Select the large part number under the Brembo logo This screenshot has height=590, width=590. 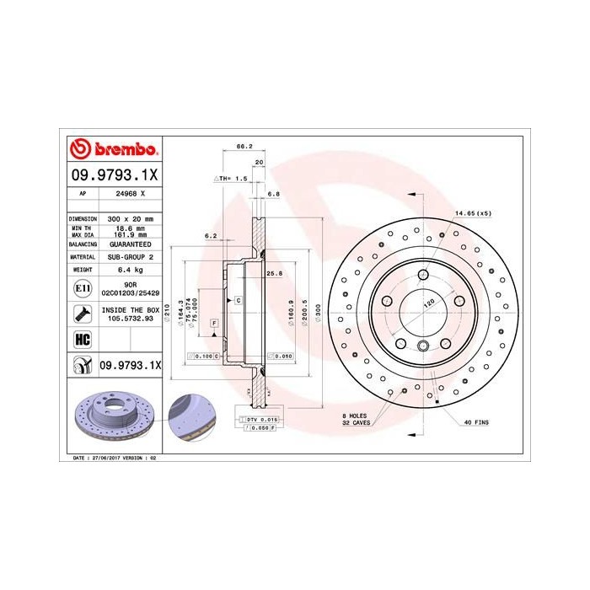(113, 175)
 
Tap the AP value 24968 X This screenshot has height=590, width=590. (129, 194)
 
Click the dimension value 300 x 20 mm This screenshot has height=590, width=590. (129, 218)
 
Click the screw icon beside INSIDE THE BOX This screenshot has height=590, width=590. (83, 314)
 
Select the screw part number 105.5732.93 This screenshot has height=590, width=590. (129, 319)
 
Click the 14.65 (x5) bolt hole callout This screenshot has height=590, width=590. (473, 213)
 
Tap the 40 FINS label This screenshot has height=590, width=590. (476, 421)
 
